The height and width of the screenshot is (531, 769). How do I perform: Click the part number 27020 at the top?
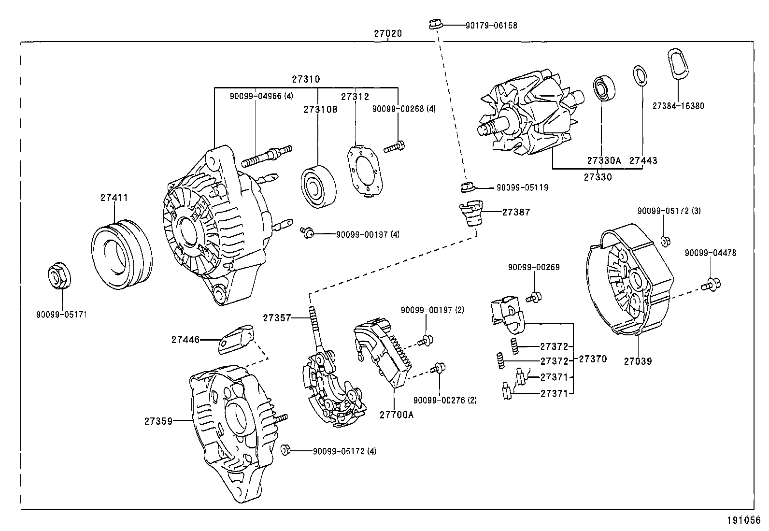click(388, 34)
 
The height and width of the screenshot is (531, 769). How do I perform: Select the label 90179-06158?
click(491, 26)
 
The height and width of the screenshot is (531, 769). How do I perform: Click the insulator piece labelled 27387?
click(470, 214)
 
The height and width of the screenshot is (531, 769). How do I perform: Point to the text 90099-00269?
click(533, 267)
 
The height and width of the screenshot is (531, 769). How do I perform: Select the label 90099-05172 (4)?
click(344, 451)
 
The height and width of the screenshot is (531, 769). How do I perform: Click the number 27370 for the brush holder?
click(592, 359)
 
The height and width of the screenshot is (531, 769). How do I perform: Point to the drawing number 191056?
click(743, 520)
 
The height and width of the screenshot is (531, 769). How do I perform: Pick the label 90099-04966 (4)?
click(261, 96)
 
